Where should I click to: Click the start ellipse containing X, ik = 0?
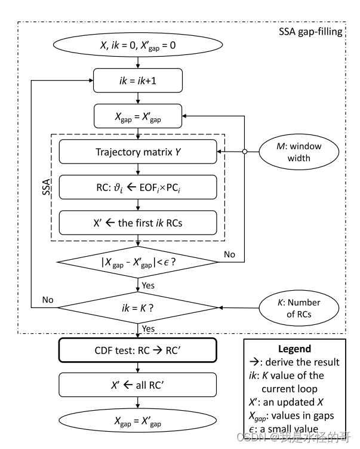pyautogui.click(x=139, y=44)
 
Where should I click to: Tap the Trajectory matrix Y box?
pyautogui.click(x=139, y=152)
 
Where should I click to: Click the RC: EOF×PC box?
pyautogui.click(x=139, y=187)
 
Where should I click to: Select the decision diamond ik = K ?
pyautogui.click(x=139, y=307)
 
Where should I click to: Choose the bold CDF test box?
pyautogui.click(x=139, y=351)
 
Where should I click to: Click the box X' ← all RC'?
pyautogui.click(x=139, y=385)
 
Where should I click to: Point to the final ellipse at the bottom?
pyautogui.click(x=139, y=423)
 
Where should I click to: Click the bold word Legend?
pyautogui.click(x=295, y=349)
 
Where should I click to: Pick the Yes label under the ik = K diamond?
pyautogui.click(x=148, y=328)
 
